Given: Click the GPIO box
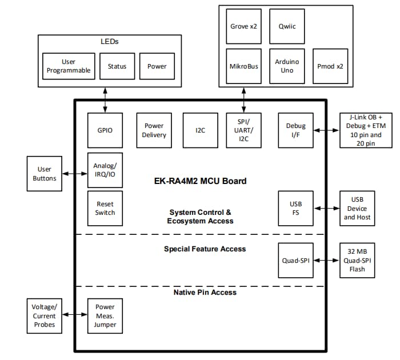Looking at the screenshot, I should [x=105, y=130].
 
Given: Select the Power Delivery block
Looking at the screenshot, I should [x=154, y=130].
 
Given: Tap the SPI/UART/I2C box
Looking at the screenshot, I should [x=244, y=130].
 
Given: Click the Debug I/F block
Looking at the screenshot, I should [x=295, y=130].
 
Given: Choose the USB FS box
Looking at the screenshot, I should [x=295, y=209].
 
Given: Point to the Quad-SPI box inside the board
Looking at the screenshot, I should [x=295, y=261].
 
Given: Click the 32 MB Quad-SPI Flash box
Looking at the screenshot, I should [x=357, y=261].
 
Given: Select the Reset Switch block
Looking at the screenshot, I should [x=105, y=208].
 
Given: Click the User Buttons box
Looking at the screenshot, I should [x=45, y=174].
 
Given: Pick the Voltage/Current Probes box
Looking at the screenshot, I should [x=45, y=316].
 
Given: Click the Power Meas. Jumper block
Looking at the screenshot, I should [x=105, y=316].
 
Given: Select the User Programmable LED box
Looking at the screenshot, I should [x=68, y=66].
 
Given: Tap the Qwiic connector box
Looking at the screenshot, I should [x=286, y=26].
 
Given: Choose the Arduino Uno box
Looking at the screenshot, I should [x=286, y=66].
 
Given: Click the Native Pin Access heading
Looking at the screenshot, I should [x=205, y=292].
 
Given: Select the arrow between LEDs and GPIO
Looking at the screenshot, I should [x=105, y=99].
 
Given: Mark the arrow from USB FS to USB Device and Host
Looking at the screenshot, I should [x=326, y=209].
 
